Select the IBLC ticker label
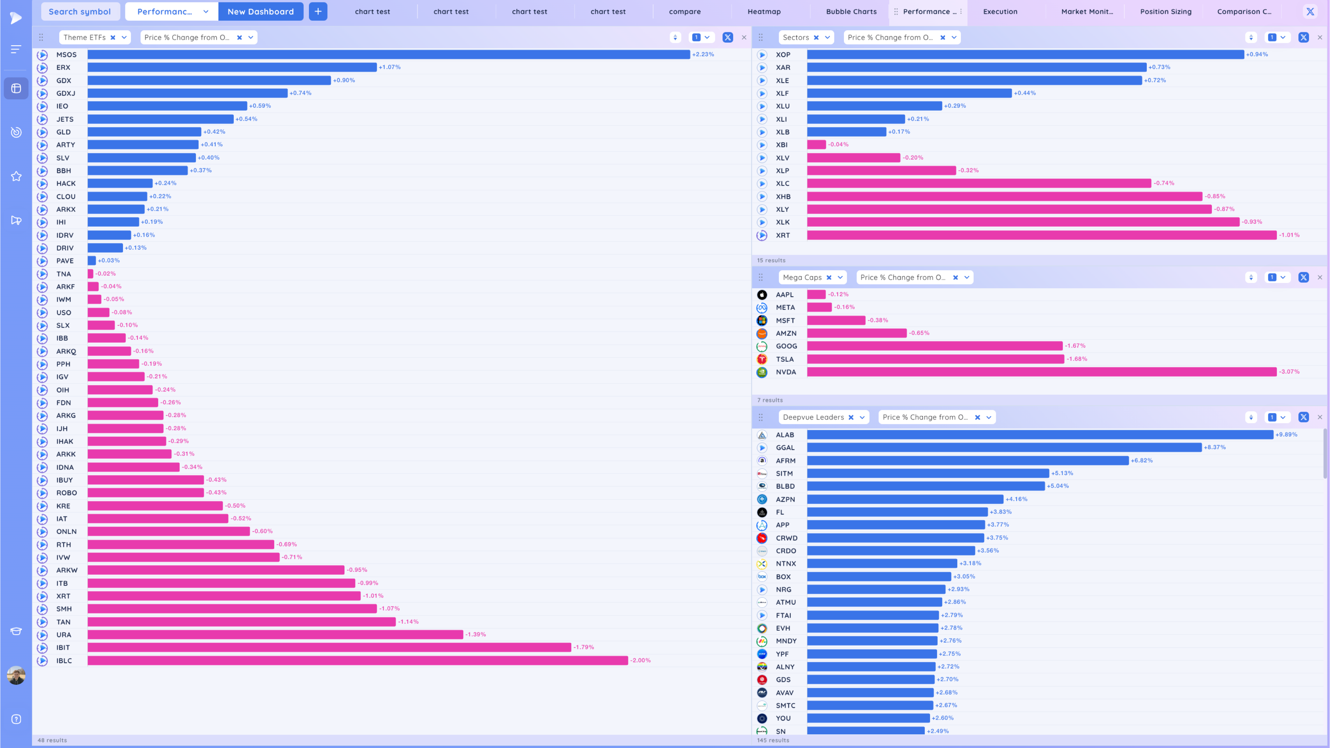pyautogui.click(x=64, y=661)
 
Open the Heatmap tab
pyautogui.click(x=764, y=11)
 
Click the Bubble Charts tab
pyautogui.click(x=851, y=11)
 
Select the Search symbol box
pyautogui.click(x=79, y=11)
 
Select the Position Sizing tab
pyautogui.click(x=1166, y=11)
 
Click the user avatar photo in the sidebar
pyautogui.click(x=16, y=675)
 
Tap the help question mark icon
pyautogui.click(x=16, y=719)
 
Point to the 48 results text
pyautogui.click(x=52, y=740)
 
